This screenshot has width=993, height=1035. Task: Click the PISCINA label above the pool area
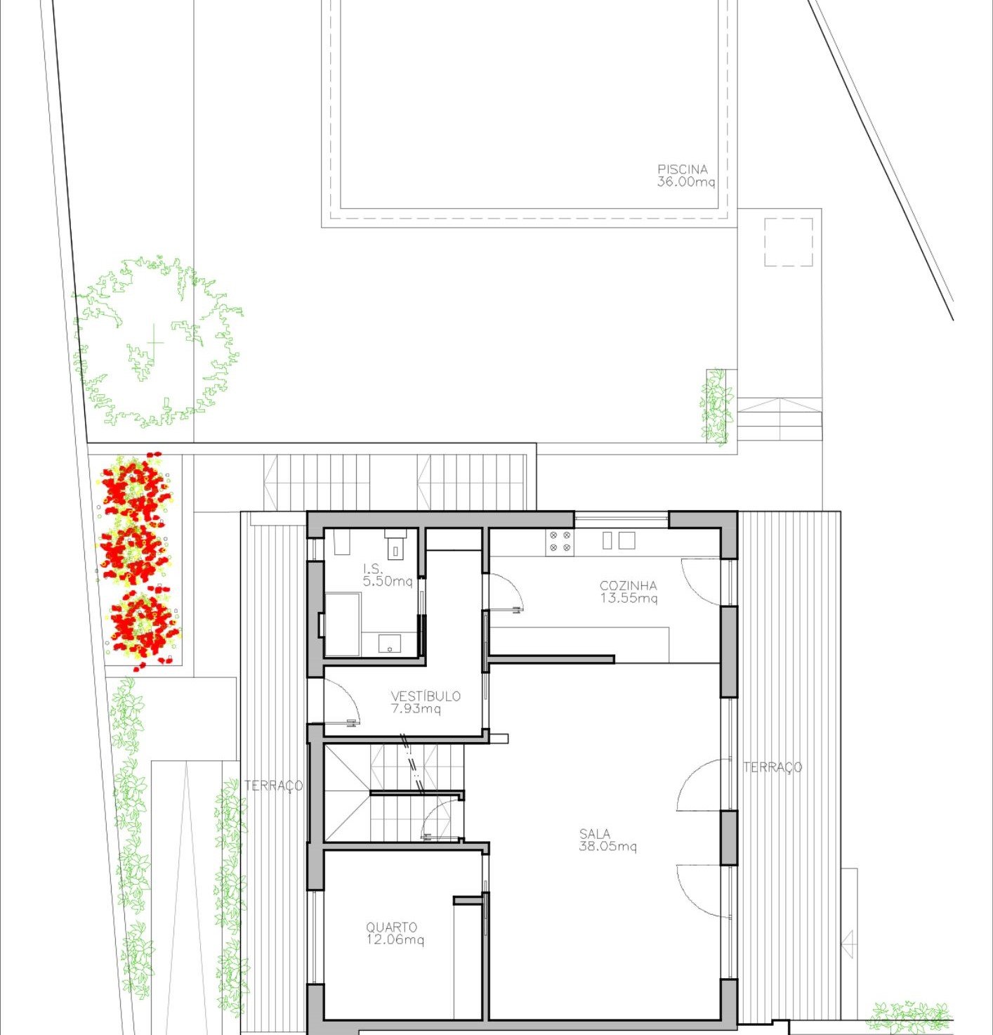(x=682, y=169)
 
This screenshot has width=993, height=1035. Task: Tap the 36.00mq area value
(x=685, y=182)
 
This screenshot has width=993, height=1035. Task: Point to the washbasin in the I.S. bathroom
(x=389, y=642)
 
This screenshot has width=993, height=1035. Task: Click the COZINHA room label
(x=628, y=585)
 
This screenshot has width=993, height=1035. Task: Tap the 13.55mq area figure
(x=629, y=599)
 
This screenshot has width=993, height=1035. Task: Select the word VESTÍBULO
(x=426, y=696)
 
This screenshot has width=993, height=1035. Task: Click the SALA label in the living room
(x=594, y=834)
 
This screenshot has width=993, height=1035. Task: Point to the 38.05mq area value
(x=607, y=847)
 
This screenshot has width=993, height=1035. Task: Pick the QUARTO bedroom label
(x=391, y=927)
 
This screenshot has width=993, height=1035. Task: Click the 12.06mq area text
(x=395, y=940)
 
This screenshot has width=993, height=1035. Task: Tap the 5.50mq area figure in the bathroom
(x=388, y=582)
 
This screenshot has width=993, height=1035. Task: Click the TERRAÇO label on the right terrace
(x=772, y=767)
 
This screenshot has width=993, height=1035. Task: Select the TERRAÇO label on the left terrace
(x=273, y=785)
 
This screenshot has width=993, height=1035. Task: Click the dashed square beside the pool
(x=788, y=242)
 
